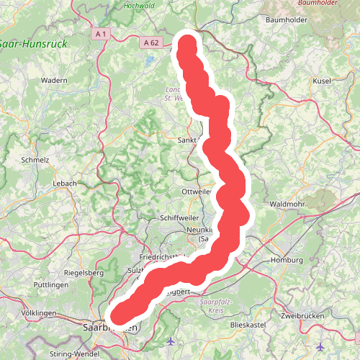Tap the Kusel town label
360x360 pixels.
322,81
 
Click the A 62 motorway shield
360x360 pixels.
150,43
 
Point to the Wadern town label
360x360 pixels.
55,80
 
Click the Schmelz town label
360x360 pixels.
35,160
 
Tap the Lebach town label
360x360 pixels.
64,184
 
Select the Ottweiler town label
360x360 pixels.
197,192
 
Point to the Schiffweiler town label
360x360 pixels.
174,217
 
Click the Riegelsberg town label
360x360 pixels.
84,273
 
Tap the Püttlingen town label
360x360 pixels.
50,286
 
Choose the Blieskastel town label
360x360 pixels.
248,325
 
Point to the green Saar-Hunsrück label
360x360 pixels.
33,44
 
